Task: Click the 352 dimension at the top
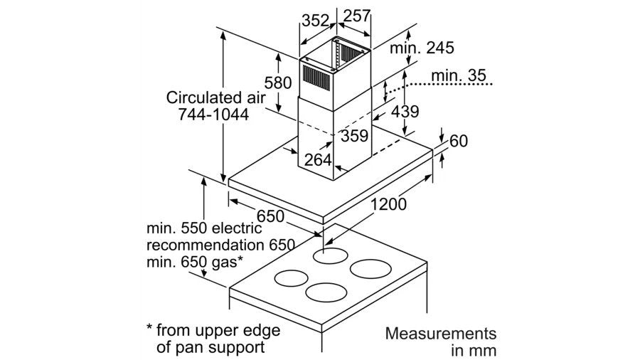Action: point(314,20)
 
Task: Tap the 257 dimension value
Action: point(358,16)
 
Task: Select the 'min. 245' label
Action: point(422,48)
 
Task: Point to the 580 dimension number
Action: point(277,82)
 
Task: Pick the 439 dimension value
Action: point(405,111)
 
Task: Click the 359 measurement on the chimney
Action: point(354,135)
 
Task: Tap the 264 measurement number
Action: point(318,160)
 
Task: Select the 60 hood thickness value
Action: point(458,141)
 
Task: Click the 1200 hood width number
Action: point(388,205)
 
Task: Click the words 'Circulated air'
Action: point(208,97)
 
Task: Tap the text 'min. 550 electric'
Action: point(204,229)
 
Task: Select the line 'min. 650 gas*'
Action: point(196,262)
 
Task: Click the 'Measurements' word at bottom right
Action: point(440,333)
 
